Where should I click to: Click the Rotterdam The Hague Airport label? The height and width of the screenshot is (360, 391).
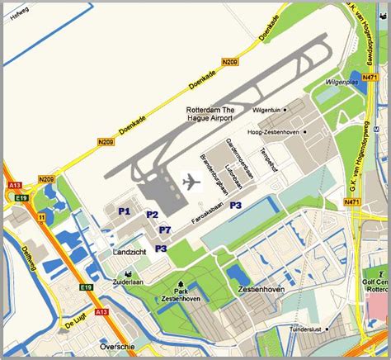pos(210,115)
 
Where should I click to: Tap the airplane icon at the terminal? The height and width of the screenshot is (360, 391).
pos(190,181)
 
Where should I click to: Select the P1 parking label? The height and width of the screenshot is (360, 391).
pos(125,211)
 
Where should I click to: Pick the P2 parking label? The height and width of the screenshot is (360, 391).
pos(152,215)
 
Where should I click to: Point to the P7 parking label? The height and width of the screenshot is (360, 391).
pos(165,230)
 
